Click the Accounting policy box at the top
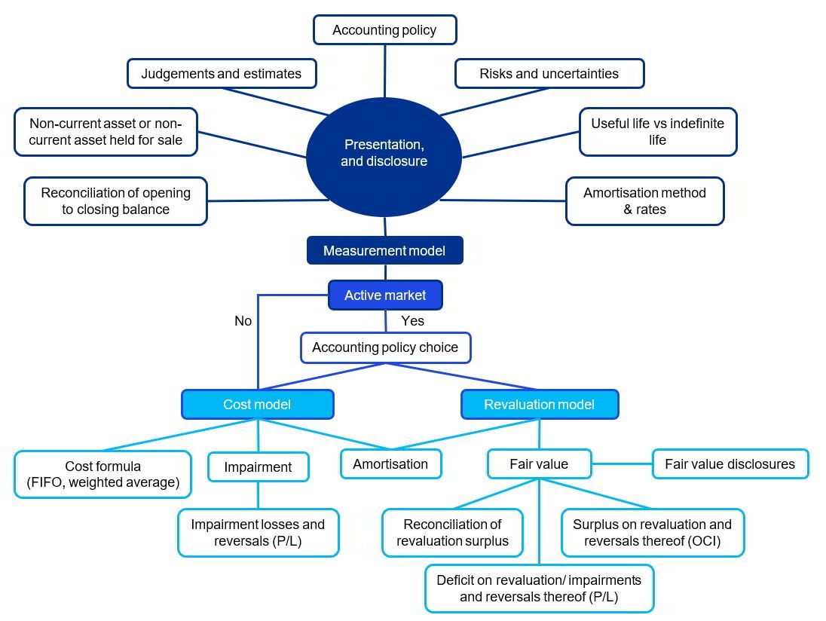tap(384, 30)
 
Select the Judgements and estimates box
tap(222, 74)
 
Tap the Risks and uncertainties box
tap(549, 74)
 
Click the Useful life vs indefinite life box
tap(657, 132)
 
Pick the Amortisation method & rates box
tap(644, 201)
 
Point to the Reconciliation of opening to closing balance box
tap(115, 201)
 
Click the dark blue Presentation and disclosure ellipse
tap(384, 152)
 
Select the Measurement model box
tap(384, 251)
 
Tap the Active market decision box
tap(384, 295)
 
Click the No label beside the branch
tap(243, 321)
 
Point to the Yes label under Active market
tap(412, 321)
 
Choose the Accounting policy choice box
tap(384, 348)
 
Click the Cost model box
tap(257, 405)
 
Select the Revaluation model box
tap(539, 405)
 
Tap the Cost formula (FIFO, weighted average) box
tap(102, 475)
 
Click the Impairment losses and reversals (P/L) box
tap(258, 533)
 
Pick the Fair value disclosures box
tap(730, 464)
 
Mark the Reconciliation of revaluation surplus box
tap(452, 533)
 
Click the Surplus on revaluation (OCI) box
tap(652, 533)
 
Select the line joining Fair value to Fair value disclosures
tap(622, 464)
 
